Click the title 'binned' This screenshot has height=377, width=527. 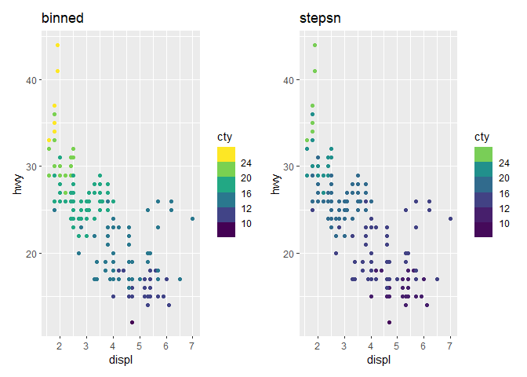[63, 17]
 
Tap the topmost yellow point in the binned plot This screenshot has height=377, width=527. [57, 45]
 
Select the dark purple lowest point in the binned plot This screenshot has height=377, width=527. [132, 322]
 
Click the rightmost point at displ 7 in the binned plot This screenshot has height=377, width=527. [192, 218]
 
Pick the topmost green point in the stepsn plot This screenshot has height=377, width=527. [314, 45]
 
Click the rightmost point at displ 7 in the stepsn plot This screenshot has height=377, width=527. [450, 218]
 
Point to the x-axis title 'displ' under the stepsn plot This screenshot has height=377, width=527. [378, 360]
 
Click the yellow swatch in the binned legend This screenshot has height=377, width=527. [226, 152]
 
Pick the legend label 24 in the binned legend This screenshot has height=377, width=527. [247, 163]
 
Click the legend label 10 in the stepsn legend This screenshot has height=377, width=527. [504, 223]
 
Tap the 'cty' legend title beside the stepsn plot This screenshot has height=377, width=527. [482, 137]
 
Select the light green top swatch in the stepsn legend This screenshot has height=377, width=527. [483, 152]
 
